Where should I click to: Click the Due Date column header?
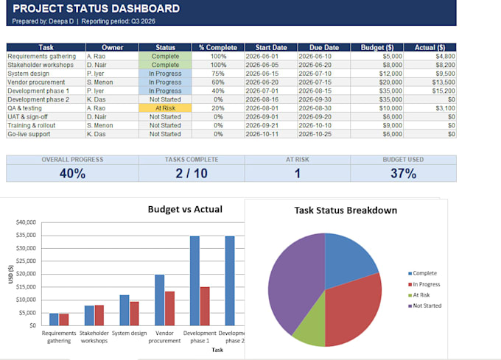click(324, 48)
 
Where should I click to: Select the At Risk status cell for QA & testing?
click(165, 108)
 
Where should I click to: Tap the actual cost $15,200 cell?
click(444, 91)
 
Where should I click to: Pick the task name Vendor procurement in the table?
click(36, 82)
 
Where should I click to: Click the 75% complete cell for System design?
click(218, 74)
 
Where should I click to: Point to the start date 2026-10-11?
click(262, 134)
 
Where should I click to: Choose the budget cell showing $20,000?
click(390, 82)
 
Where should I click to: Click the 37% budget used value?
click(403, 173)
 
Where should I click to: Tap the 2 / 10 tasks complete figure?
click(192, 173)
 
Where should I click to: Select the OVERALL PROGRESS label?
click(72, 160)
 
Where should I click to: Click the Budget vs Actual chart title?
click(185, 209)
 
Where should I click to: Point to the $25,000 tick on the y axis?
click(27, 261)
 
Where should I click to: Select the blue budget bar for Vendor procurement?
click(159, 300)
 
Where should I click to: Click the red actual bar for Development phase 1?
click(205, 306)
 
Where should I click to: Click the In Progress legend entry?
click(424, 284)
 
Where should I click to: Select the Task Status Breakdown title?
click(346, 211)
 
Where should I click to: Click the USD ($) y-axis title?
click(11, 274)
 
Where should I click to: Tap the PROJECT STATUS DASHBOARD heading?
click(97, 9)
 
